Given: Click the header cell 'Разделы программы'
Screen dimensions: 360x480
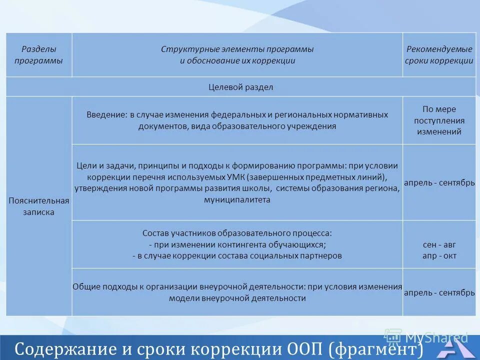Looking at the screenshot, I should tap(38, 55).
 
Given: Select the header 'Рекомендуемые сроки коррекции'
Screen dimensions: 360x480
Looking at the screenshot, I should tap(439, 55).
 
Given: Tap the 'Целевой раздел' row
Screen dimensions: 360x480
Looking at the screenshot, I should tap(240, 87).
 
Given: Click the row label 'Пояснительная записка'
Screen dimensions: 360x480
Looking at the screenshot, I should tap(38, 206).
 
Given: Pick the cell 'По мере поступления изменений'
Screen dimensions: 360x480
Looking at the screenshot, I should tap(439, 120).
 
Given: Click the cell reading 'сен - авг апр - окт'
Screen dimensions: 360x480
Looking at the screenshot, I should tap(439, 250).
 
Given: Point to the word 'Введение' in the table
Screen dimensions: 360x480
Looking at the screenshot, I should tap(106, 114).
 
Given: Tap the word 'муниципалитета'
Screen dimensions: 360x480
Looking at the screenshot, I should tap(237, 199).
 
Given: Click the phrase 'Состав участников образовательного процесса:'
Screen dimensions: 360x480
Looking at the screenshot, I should tap(237, 233).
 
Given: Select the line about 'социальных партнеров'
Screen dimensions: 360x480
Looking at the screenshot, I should tap(237, 255).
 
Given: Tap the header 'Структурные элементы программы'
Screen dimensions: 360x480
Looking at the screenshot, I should tap(237, 49).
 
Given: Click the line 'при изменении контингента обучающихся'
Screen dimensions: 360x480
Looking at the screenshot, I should tap(237, 244).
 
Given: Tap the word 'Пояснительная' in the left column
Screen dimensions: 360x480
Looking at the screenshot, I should tap(38, 200).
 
